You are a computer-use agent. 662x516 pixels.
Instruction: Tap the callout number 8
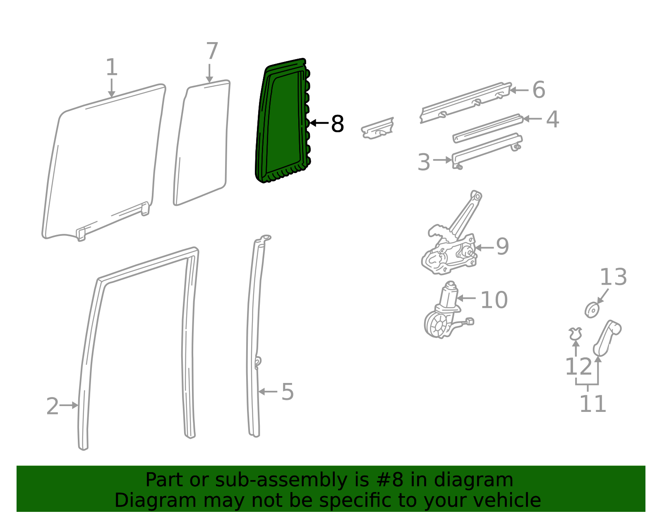(338, 124)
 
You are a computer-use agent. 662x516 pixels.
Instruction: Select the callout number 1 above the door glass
(112, 67)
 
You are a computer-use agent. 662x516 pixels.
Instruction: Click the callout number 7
(212, 52)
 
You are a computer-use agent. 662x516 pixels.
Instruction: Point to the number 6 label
(538, 90)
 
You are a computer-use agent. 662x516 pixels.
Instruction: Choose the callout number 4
(552, 119)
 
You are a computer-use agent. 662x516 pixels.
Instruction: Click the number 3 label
(424, 162)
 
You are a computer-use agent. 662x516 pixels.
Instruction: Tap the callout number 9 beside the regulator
(502, 247)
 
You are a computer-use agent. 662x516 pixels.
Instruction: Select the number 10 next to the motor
(494, 300)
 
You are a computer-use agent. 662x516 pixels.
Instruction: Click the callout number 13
(613, 277)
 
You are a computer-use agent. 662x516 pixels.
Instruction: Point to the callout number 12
(578, 367)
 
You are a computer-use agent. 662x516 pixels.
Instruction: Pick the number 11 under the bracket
(592, 404)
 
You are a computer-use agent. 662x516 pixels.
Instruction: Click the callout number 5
(287, 392)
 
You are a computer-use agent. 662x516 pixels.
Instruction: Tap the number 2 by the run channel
(53, 407)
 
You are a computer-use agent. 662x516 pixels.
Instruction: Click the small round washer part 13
(592, 309)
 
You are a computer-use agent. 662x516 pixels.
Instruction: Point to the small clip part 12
(575, 333)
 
